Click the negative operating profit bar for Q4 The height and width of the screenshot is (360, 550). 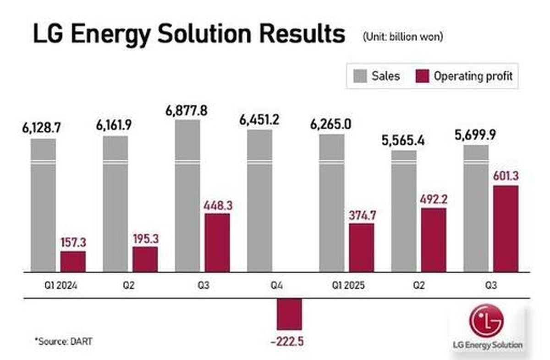[x=289, y=314]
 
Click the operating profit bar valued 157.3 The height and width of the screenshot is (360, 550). [x=73, y=261]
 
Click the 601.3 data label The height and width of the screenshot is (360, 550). [x=506, y=176]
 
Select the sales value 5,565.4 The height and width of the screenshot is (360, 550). [x=403, y=140]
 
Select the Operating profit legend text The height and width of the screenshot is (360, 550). [x=473, y=76]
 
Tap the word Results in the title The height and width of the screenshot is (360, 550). [x=298, y=35]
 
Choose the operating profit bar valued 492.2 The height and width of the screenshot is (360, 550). [x=433, y=239]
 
